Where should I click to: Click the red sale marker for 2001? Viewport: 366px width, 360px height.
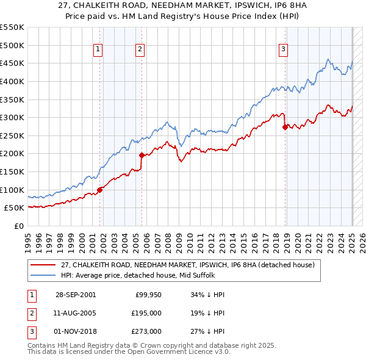coord(100,190)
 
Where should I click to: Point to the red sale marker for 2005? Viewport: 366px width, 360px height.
coord(142,155)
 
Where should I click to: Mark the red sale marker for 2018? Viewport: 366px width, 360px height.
coord(285,127)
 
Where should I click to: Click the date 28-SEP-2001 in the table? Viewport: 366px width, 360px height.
coord(75,295)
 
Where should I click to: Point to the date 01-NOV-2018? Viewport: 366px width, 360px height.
coord(75,331)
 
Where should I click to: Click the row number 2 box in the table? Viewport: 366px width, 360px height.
coord(31,313)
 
